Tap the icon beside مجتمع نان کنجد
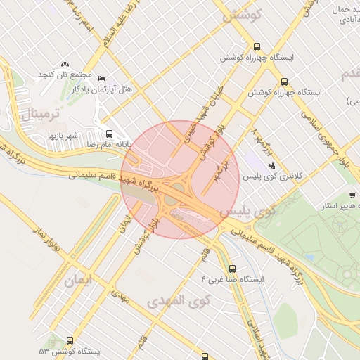tap(65, 65)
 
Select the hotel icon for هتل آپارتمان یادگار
tap(101, 78)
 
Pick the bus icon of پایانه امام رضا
tap(109, 134)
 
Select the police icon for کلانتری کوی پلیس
tap(273, 165)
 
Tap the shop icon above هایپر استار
tap(352, 195)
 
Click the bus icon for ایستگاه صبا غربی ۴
tap(233, 268)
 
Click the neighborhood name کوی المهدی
tap(179, 302)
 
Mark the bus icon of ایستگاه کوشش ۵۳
tap(70, 340)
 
